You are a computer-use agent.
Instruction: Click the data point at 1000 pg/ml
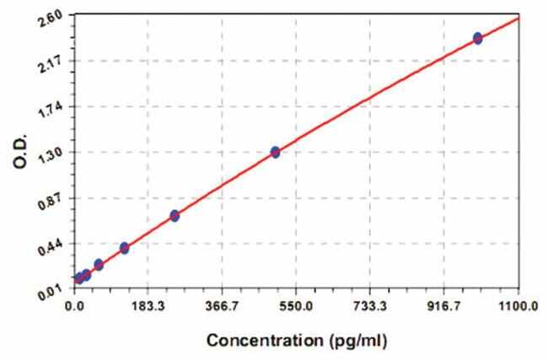(x=477, y=38)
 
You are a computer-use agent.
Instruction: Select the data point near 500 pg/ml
(x=275, y=152)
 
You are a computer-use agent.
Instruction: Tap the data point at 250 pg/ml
(x=175, y=216)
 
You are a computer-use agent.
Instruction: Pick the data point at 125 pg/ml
(x=125, y=248)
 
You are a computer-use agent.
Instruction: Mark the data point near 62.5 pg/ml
(x=99, y=265)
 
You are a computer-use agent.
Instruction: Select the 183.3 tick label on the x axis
(x=148, y=308)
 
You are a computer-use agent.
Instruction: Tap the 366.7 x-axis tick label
(x=223, y=308)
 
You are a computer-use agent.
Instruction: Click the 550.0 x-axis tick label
(x=296, y=308)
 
